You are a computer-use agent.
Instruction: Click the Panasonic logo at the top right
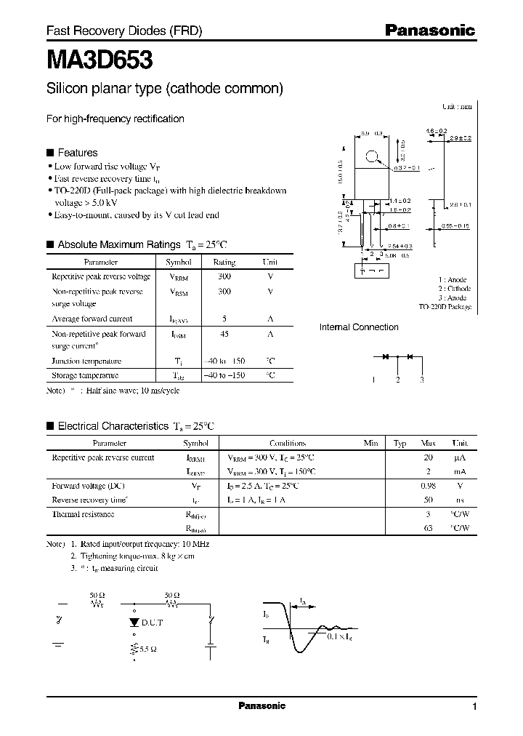[x=429, y=31]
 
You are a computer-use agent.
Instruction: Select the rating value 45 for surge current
[x=224, y=335]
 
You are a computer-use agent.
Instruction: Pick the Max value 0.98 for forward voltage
[x=428, y=485]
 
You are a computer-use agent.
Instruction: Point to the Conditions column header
[x=288, y=443]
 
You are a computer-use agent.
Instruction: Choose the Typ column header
[x=400, y=443]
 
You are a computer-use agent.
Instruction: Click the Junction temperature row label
[x=86, y=361]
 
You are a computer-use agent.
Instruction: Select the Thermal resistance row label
[x=83, y=514]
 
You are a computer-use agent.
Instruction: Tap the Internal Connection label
[x=359, y=327]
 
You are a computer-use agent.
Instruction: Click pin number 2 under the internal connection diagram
[x=397, y=380]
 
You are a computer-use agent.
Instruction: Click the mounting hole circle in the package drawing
[x=372, y=156]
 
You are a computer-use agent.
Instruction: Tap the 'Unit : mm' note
[x=457, y=106]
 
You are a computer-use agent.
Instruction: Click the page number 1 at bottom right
[x=474, y=707]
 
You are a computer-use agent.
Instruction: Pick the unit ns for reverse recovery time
[x=460, y=500]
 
